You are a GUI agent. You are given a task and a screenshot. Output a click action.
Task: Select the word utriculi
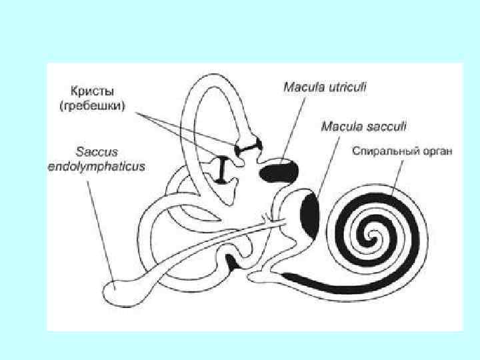click(350, 87)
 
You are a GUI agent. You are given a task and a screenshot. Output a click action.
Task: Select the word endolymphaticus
click(96, 165)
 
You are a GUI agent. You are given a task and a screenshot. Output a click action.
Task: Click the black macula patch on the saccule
click(310, 213)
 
